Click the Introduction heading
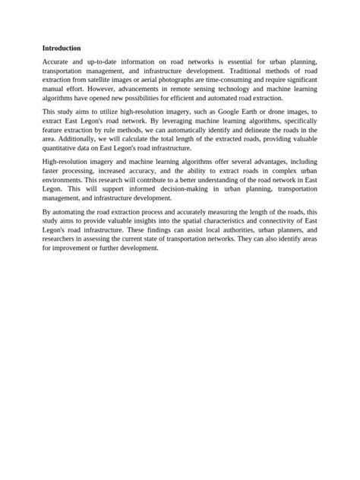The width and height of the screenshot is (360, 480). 62,47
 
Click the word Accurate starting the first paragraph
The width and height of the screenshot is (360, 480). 58,60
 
